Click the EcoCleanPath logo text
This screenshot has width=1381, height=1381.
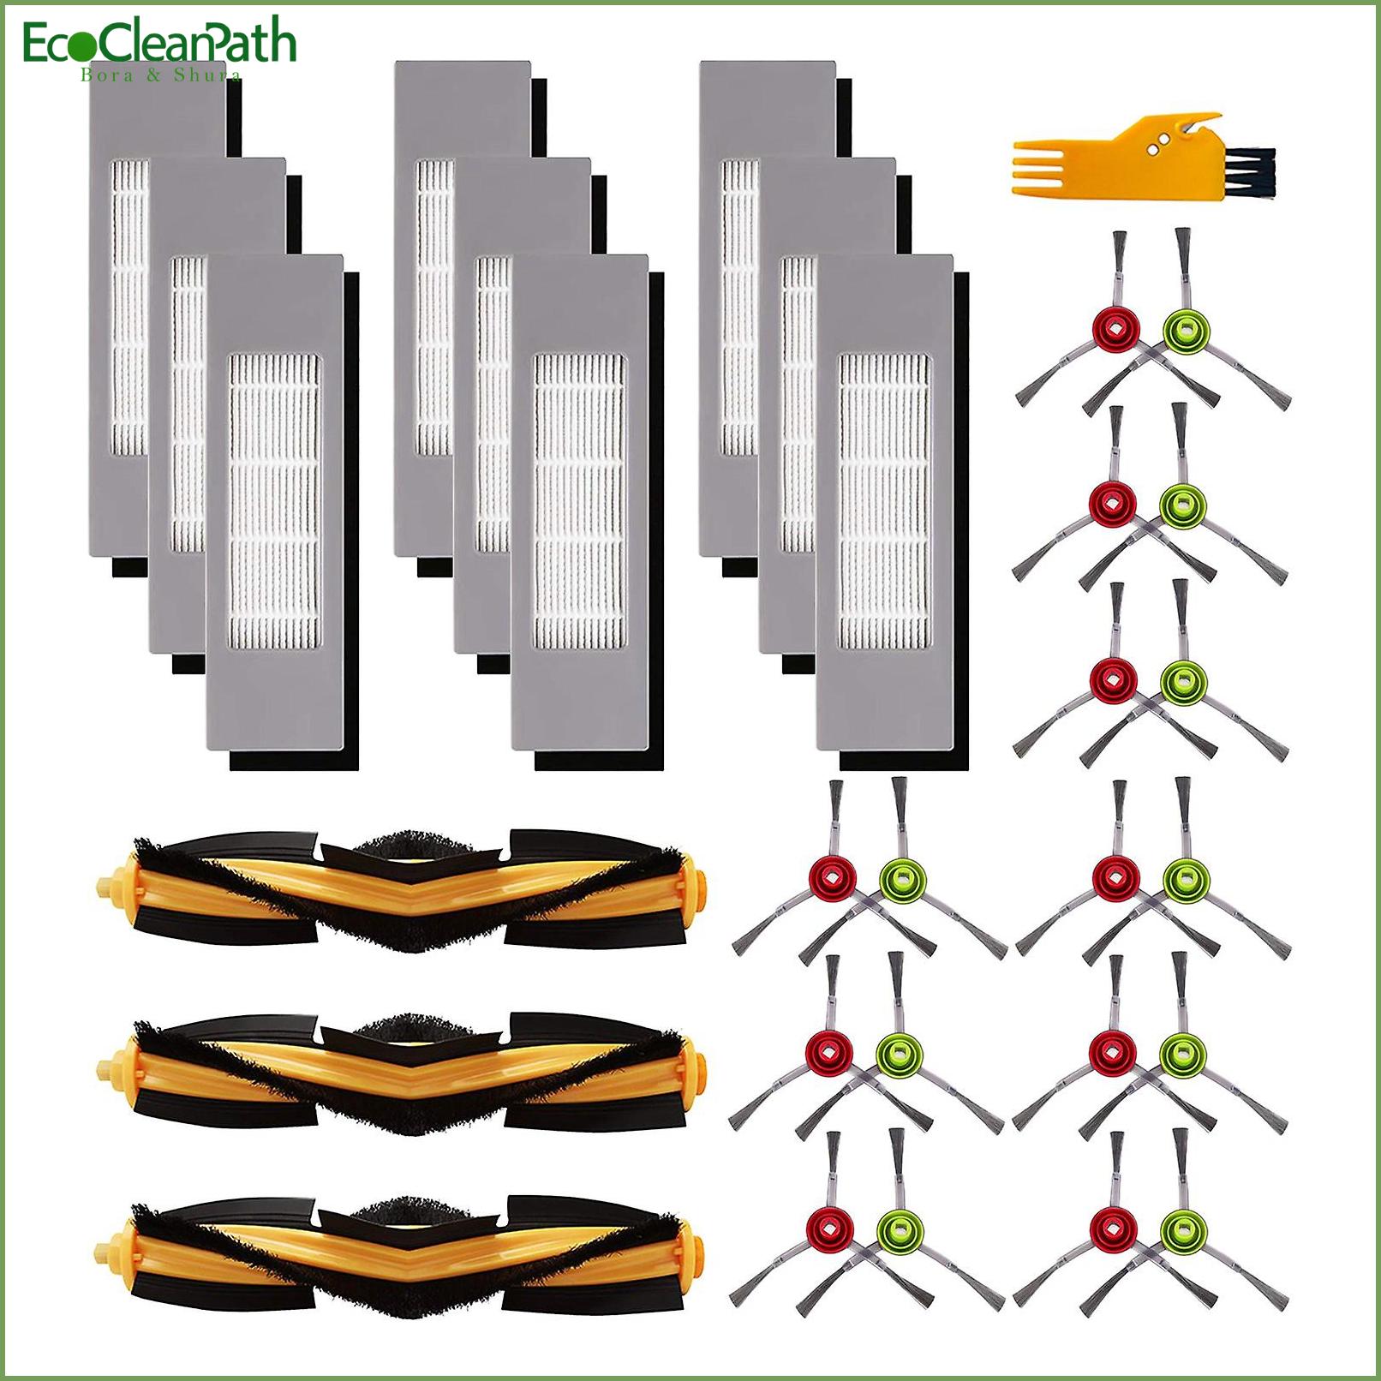tap(159, 45)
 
